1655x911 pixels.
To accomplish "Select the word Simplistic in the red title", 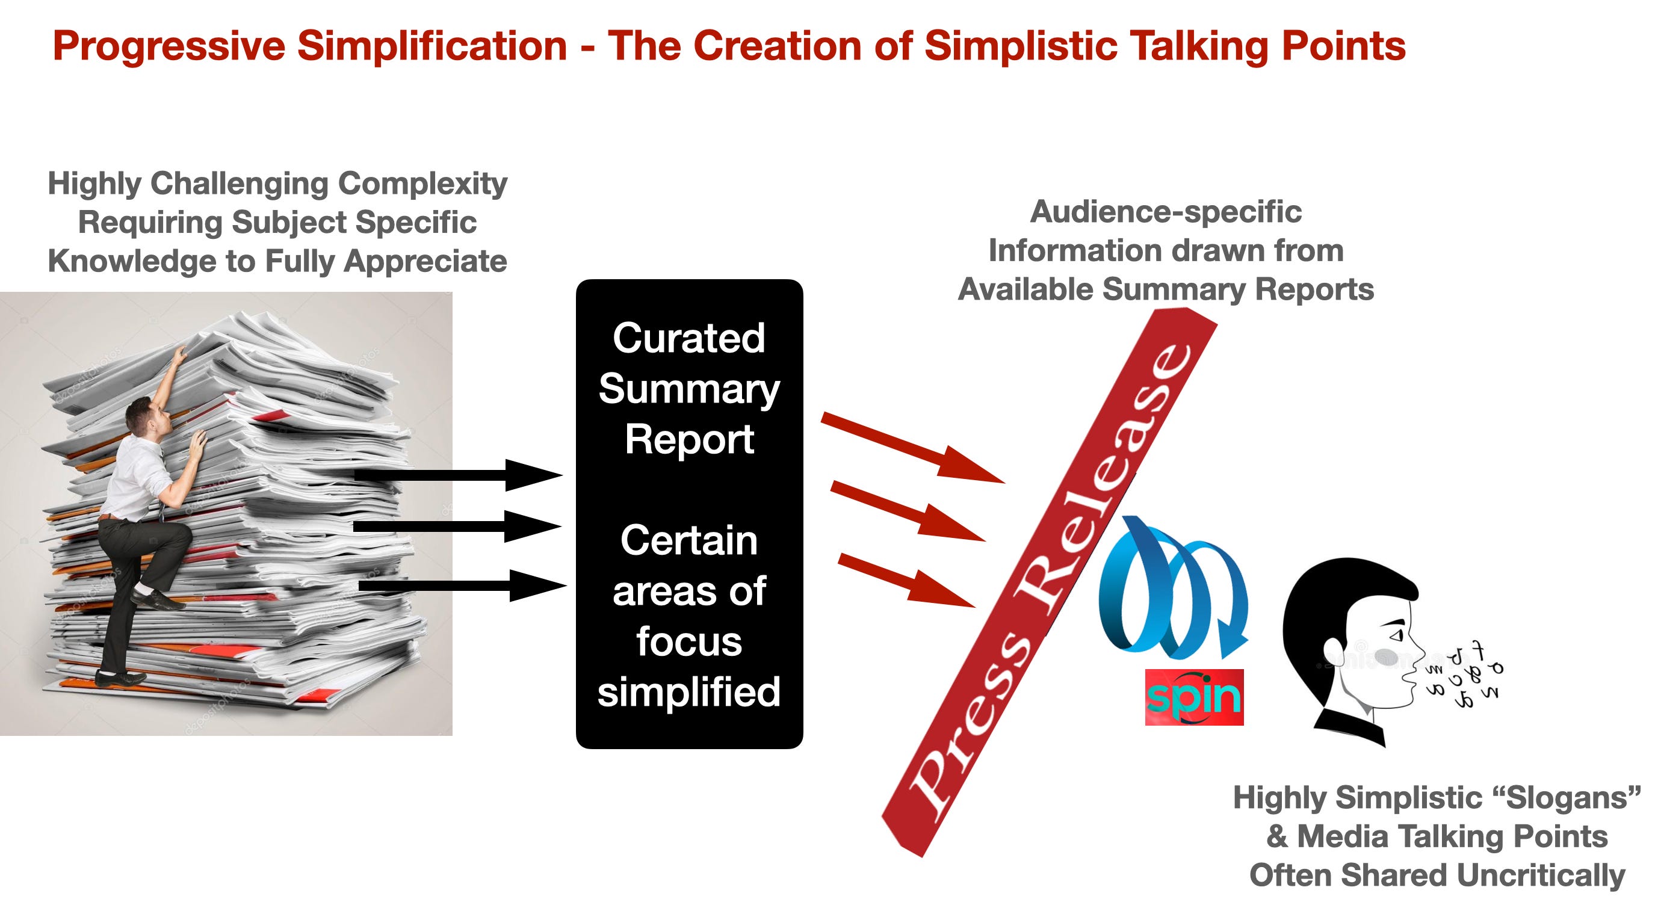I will tap(1020, 46).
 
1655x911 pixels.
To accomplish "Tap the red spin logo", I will tap(1194, 697).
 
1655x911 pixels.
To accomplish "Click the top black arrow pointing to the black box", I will tap(458, 475).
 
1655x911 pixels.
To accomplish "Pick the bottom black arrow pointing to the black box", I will tap(462, 585).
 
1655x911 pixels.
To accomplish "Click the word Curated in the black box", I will tap(688, 338).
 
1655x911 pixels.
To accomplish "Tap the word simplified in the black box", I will tap(688, 692).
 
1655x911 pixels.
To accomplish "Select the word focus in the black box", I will tap(688, 641).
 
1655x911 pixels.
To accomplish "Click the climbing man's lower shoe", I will tap(119, 677).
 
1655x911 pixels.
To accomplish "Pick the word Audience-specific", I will tap(1166, 212).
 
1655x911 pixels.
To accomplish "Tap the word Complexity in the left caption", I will tap(422, 184).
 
